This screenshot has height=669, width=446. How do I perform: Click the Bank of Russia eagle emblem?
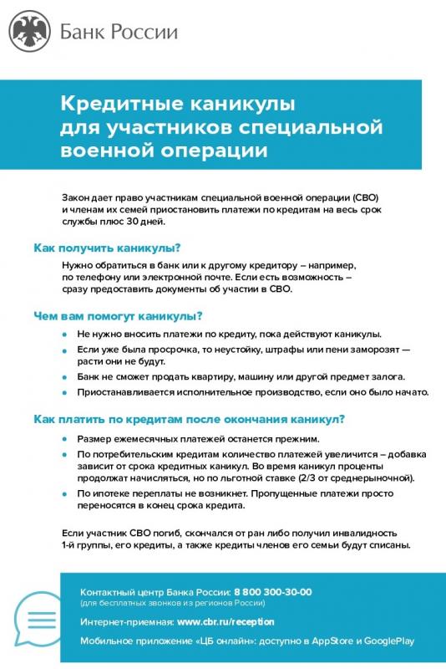point(30,32)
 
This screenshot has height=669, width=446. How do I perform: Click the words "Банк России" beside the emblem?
point(119,32)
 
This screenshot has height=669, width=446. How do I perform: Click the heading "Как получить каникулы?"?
point(107,248)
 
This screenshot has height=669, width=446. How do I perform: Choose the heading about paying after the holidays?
point(189,419)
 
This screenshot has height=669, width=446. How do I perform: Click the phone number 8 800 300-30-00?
point(273,592)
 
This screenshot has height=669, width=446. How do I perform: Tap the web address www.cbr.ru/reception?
point(226,622)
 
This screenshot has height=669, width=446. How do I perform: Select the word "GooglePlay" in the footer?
point(386,641)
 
